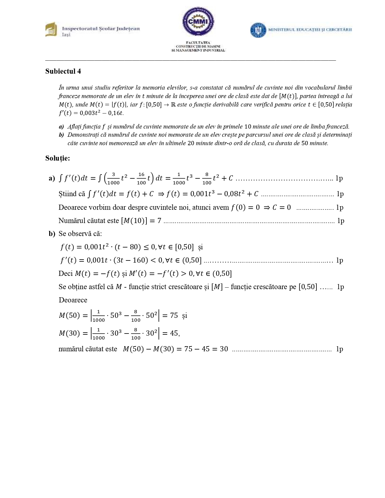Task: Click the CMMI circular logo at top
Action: point(198,21)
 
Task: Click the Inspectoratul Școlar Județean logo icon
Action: point(51,29)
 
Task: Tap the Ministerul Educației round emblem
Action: point(258,30)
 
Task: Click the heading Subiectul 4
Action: point(63,71)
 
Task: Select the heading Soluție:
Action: point(58,158)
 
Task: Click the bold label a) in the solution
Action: point(52,178)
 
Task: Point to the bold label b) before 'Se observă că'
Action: point(52,234)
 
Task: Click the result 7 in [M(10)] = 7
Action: point(159,221)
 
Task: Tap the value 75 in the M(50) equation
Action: point(174,315)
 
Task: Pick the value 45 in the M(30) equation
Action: point(174,333)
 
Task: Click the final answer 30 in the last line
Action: point(224,349)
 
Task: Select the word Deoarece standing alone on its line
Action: point(73,300)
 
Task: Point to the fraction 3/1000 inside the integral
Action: point(113,178)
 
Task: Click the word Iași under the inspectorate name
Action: point(66,35)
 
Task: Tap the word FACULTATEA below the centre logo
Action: point(198,43)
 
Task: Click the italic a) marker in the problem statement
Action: point(61,127)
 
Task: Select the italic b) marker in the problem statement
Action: point(61,135)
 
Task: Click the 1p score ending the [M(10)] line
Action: point(341,221)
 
